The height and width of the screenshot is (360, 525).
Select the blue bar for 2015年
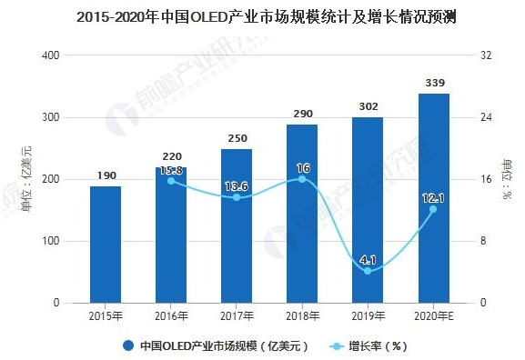coord(106,244)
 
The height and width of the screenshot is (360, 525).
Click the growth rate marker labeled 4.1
coord(368,271)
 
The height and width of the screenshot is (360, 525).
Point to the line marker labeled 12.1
coord(433,209)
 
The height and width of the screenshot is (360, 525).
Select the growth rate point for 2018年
coord(302,179)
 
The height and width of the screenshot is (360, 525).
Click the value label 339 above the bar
coord(433,85)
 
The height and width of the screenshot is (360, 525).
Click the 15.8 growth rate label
coord(171,169)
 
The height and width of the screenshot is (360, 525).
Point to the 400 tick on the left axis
coord(51,55)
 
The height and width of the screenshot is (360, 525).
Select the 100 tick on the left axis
coord(51,241)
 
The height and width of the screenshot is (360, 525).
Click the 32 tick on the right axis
coord(485,55)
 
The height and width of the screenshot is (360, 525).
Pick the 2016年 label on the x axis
coord(171,316)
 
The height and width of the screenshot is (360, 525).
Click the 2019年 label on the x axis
coord(368,316)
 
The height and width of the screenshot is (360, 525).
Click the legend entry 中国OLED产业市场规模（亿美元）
coord(218,345)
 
